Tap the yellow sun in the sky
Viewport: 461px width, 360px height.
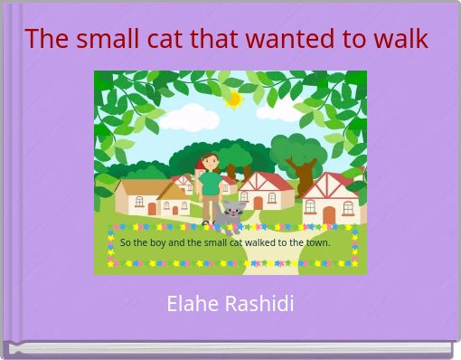233,99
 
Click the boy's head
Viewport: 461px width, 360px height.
211,162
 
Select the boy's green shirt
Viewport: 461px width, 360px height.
211,184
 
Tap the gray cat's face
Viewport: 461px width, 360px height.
234,213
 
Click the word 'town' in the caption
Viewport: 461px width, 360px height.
317,242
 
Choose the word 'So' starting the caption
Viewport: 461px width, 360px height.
126,242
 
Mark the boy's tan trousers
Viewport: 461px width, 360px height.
210,207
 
